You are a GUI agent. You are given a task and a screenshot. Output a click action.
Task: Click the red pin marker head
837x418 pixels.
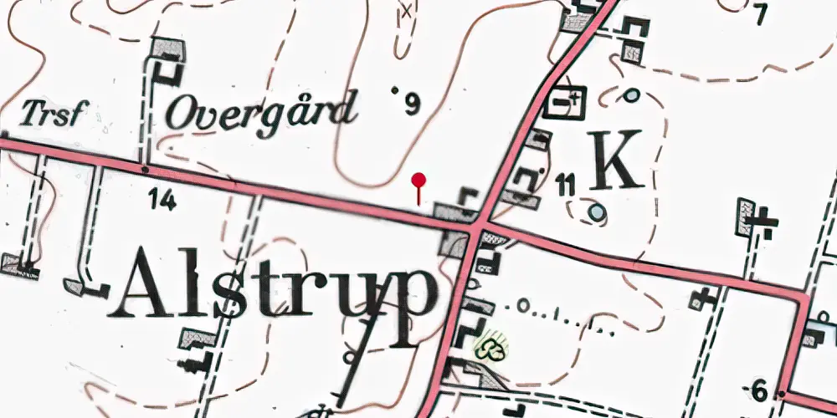tap(419, 178)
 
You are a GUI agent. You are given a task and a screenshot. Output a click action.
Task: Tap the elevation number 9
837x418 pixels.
tap(412, 104)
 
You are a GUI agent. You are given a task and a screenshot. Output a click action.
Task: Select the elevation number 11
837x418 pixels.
tap(565, 186)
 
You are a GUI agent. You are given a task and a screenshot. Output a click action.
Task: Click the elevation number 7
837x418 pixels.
tap(760, 14)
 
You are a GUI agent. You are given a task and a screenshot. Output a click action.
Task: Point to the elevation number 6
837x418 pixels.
tap(759, 390)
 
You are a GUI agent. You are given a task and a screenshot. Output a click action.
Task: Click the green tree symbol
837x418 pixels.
tap(491, 345)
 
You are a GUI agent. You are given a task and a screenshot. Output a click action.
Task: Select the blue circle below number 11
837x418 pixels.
tap(595, 213)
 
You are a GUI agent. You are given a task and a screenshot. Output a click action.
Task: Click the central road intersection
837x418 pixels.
tap(475, 226)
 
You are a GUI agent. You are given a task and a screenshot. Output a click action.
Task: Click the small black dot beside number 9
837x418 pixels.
tap(395, 89)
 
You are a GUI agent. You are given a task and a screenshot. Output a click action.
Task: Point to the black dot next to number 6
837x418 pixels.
tap(779, 393)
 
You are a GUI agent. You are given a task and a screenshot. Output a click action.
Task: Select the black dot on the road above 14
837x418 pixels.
tap(145, 169)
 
